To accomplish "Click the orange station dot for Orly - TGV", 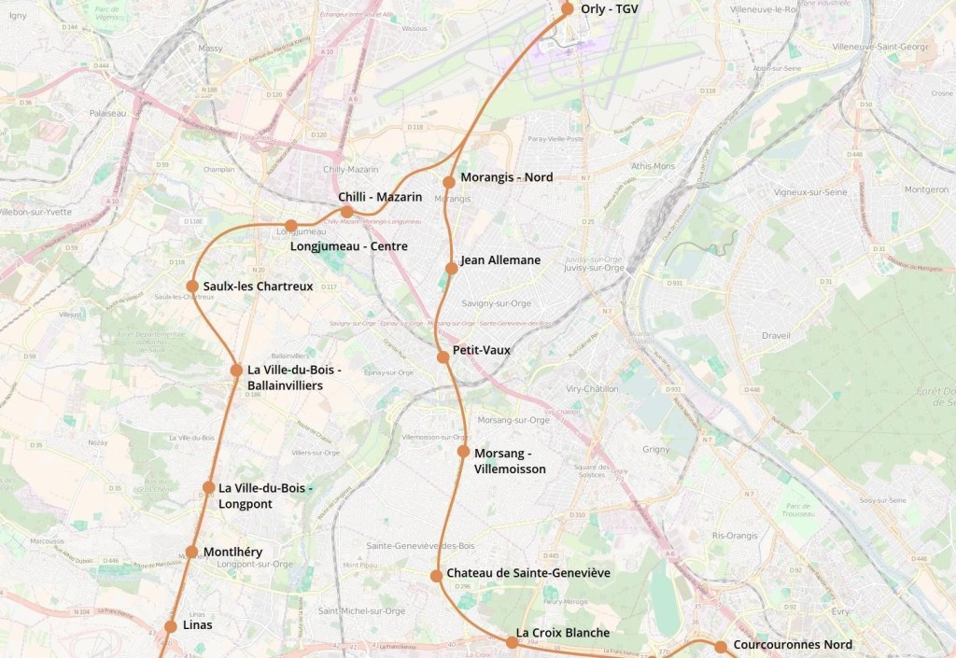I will click(x=567, y=9).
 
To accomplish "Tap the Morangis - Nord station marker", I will click(x=449, y=182).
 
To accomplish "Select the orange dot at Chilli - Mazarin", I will click(x=347, y=211).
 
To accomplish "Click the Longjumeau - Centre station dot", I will click(x=291, y=226).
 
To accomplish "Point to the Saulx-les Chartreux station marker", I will click(x=192, y=287).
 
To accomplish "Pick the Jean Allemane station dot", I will click(x=451, y=268).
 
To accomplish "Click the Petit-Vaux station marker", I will click(x=443, y=357).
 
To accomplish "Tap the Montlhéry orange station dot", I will click(x=191, y=552).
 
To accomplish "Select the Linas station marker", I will click(x=171, y=626).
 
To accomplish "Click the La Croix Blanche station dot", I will click(x=512, y=641).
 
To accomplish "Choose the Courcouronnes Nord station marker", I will click(x=721, y=647).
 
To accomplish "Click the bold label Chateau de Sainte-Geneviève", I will click(x=527, y=572).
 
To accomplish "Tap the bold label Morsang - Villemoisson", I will click(x=510, y=461).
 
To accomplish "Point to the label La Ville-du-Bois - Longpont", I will click(x=264, y=496).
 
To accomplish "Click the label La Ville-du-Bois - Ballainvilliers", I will click(x=293, y=377).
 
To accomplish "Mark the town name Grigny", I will click(x=656, y=449).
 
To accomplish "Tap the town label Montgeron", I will click(x=926, y=189).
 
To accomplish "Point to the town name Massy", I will click(x=210, y=48).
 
